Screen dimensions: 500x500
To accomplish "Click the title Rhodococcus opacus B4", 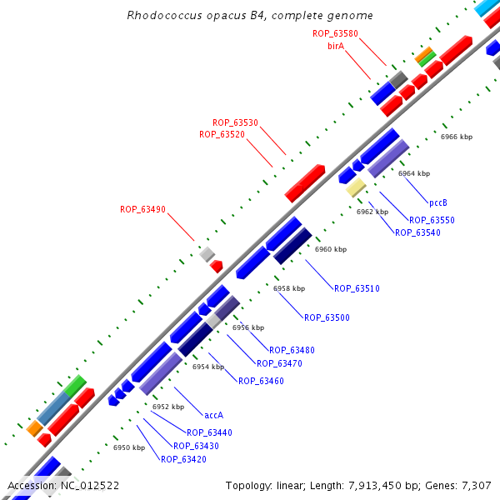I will point(249,16).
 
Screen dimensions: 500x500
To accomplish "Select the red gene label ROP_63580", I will point(335,33).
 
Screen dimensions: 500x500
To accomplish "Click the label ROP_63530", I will point(235,122).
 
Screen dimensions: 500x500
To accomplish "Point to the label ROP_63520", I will point(222,135).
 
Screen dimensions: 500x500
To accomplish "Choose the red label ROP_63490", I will point(142,210).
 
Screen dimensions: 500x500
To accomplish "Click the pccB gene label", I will point(438,202).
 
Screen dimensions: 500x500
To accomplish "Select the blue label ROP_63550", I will point(432,220).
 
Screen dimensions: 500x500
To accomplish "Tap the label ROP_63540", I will point(417,232).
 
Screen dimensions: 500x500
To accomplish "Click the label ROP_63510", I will point(357,288).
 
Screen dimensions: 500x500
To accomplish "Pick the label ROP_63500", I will point(327,317).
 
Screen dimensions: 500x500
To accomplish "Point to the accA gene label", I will point(214,414).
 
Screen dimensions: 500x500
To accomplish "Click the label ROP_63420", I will point(183,459).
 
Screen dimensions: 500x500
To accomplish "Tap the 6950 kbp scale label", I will point(129,447).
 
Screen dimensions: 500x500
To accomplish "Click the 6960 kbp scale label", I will point(331,249).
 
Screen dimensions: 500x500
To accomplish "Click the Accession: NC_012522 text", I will point(63,485).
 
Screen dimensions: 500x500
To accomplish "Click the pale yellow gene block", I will point(356,187).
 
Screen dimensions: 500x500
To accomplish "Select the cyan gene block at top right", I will point(487,8).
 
